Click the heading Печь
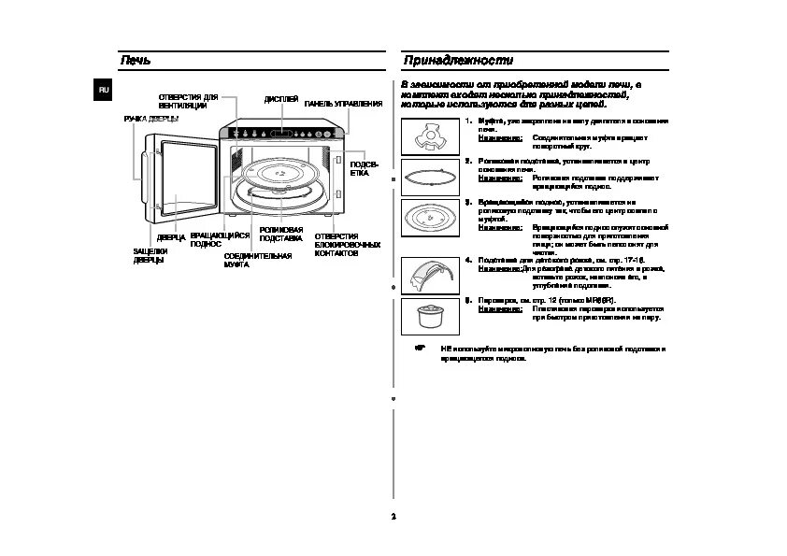[x=136, y=61]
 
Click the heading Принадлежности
[x=458, y=61]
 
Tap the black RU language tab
[x=105, y=89]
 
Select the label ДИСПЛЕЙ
[x=281, y=99]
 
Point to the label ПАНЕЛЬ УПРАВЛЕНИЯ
[x=343, y=104]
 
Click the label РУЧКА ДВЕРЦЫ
[x=151, y=120]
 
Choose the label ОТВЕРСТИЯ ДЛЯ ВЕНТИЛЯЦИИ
[x=188, y=101]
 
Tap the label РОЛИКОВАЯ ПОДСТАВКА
[x=280, y=234]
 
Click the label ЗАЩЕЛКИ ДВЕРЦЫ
[x=150, y=255]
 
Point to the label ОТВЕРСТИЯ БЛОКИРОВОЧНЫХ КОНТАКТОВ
[x=347, y=245]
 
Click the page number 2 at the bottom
[x=393, y=517]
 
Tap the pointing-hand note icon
[x=420, y=348]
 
